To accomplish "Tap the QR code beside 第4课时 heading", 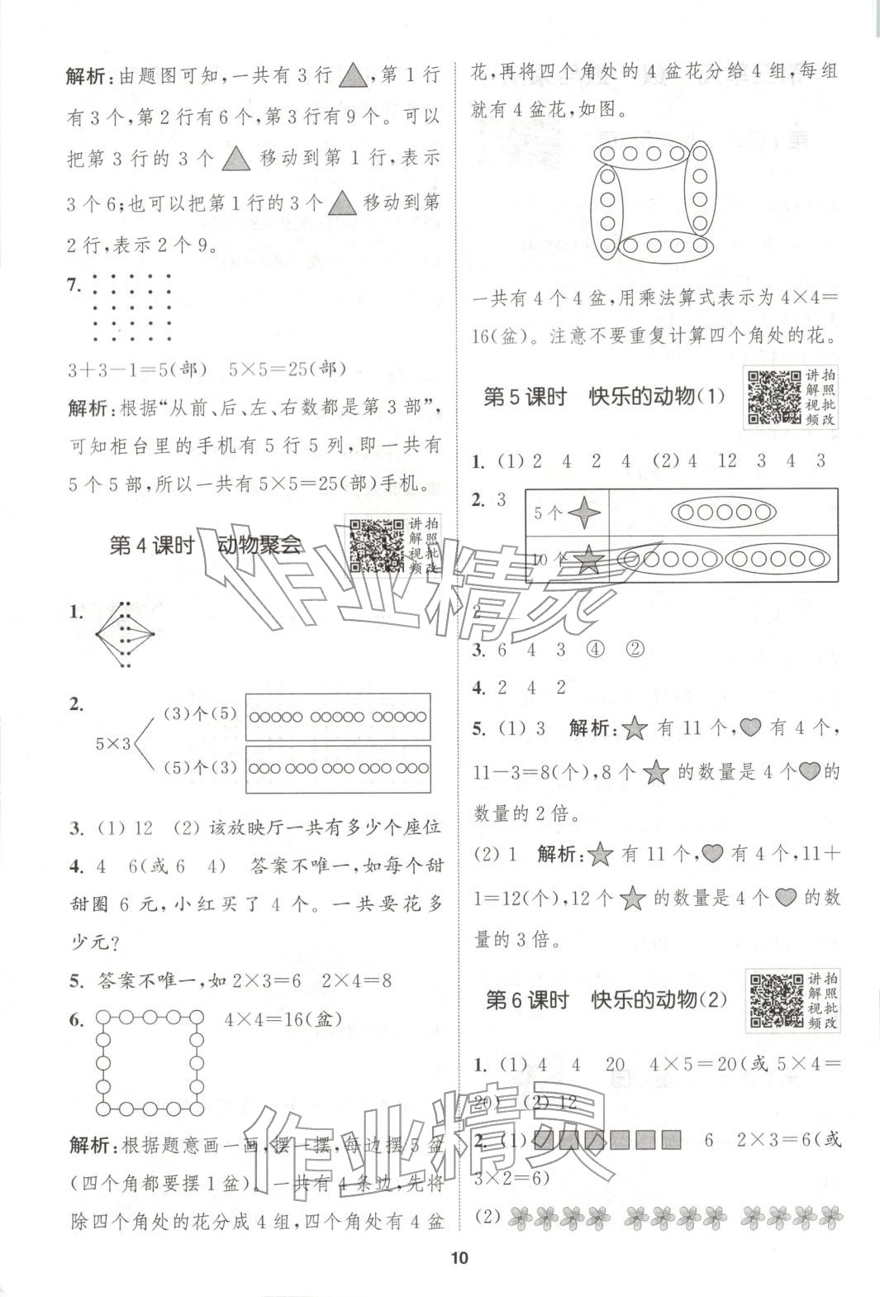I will coord(375,545).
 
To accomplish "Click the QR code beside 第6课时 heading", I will coord(774,1000).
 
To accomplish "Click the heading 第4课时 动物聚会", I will coord(206,545).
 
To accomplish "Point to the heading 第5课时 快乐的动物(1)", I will coord(604,397).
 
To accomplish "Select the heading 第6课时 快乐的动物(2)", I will coord(606,1000).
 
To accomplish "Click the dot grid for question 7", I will coord(131,308).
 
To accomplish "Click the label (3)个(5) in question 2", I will coord(188,714).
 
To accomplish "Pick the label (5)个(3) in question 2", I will coord(188,768).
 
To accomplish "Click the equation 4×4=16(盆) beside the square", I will coord(283,1019).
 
